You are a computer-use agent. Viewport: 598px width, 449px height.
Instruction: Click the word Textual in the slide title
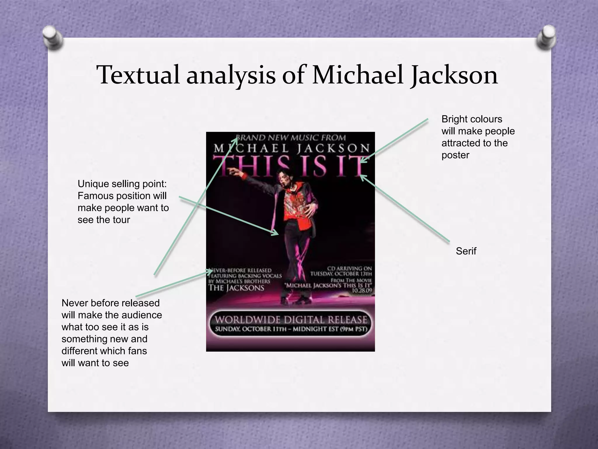point(138,75)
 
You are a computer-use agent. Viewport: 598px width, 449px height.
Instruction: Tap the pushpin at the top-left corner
point(53,38)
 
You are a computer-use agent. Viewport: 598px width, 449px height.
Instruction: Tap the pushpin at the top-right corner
point(546,38)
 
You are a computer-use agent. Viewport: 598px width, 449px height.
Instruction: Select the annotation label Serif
point(466,251)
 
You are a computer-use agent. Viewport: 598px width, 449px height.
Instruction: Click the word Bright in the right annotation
point(456,119)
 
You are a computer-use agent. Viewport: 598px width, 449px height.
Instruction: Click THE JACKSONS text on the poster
point(236,288)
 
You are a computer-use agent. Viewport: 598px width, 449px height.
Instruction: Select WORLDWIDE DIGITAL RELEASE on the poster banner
point(291,320)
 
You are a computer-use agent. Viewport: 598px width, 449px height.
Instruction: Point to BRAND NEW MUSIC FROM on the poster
point(291,137)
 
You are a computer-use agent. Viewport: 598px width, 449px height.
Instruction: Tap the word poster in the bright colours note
point(455,155)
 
